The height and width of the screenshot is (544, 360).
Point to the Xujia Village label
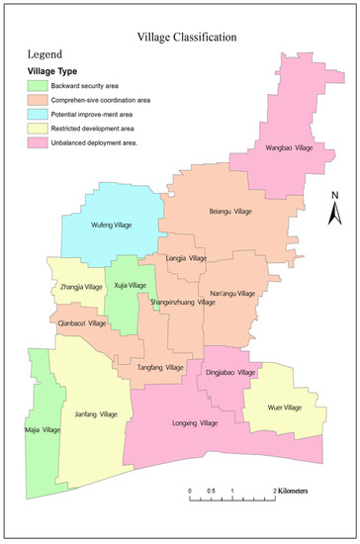(130, 285)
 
